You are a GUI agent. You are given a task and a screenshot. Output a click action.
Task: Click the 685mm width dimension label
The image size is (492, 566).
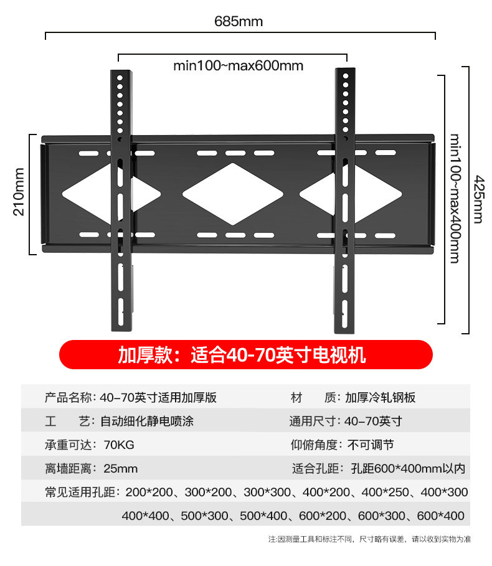tap(239, 22)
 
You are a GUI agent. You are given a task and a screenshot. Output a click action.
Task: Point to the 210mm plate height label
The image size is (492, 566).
tap(18, 192)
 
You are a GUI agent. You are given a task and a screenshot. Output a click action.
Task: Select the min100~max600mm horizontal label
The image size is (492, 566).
tap(238, 65)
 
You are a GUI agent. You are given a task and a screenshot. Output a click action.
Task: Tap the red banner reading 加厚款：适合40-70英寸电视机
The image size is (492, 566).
tap(245, 355)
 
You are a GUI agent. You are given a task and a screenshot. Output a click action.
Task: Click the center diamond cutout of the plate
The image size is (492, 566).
tap(232, 194)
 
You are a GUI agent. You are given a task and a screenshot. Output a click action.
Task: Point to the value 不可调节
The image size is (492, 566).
tap(371, 445)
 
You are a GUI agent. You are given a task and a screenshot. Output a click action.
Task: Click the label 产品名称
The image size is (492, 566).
tap(69, 397)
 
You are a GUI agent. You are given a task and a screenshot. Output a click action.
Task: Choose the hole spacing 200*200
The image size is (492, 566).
tap(149, 492)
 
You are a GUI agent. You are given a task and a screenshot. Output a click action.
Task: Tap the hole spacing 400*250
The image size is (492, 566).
tap(384, 492)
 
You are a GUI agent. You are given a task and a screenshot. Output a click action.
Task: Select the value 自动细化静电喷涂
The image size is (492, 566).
tap(147, 421)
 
